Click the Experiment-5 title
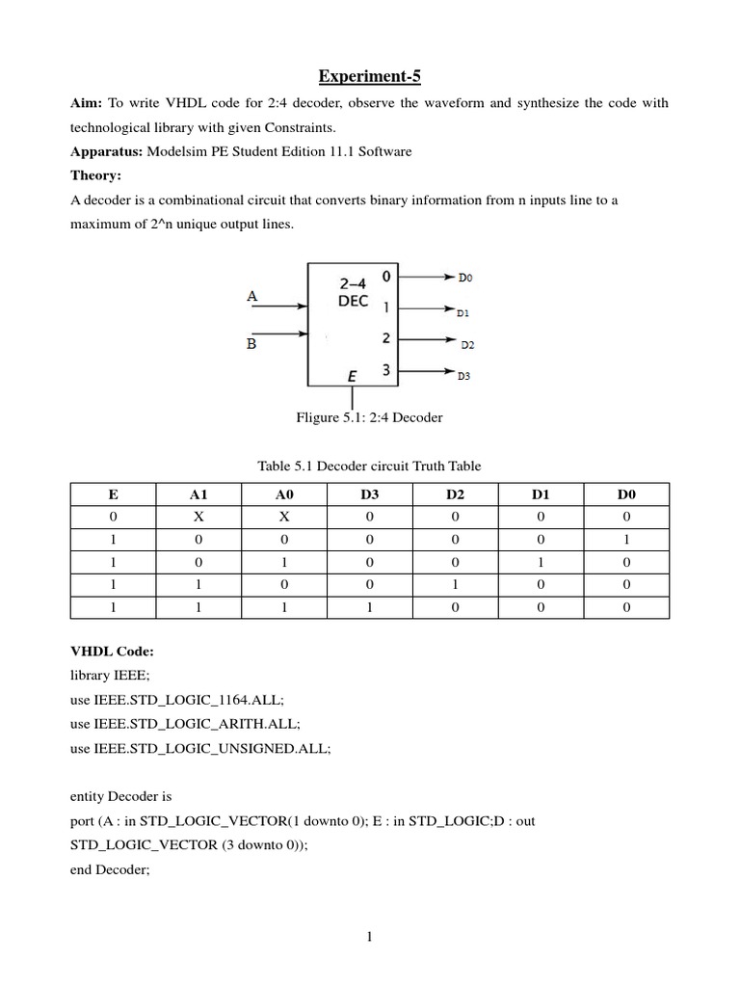(x=369, y=77)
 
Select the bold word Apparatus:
(x=111, y=151)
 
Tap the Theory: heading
(x=98, y=175)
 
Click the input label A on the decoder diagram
(x=252, y=297)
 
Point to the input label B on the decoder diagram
(x=251, y=342)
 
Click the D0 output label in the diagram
(x=465, y=278)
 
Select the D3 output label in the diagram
(x=464, y=376)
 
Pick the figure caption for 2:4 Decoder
(x=369, y=417)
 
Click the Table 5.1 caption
(x=369, y=466)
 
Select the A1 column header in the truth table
(x=198, y=494)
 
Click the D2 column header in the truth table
(x=455, y=494)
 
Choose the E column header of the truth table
(x=114, y=494)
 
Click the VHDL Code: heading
(x=112, y=652)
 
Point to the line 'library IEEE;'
(x=111, y=676)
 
